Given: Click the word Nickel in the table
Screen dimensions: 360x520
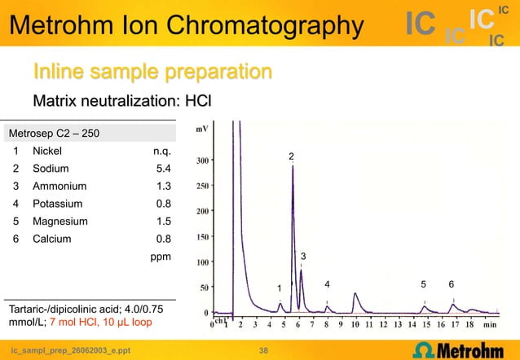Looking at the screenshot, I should click(46, 151).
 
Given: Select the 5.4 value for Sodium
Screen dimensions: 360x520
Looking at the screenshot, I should click(163, 169).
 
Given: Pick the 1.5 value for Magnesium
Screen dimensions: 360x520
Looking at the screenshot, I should click(163, 222).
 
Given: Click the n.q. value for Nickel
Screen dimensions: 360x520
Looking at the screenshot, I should click(161, 151).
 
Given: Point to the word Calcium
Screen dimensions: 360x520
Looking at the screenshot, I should click(51, 239).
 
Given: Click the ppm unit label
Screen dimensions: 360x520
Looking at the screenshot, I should click(161, 257).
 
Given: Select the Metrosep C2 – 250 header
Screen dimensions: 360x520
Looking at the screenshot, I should click(55, 133).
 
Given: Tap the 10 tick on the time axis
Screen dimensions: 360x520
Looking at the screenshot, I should click(355, 324).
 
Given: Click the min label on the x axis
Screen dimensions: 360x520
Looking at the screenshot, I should click(490, 324).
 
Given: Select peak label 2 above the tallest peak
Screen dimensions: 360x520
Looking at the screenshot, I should click(291, 156).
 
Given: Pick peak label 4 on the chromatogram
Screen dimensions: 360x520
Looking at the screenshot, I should click(327, 284).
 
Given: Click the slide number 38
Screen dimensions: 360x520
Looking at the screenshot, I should click(262, 351).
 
